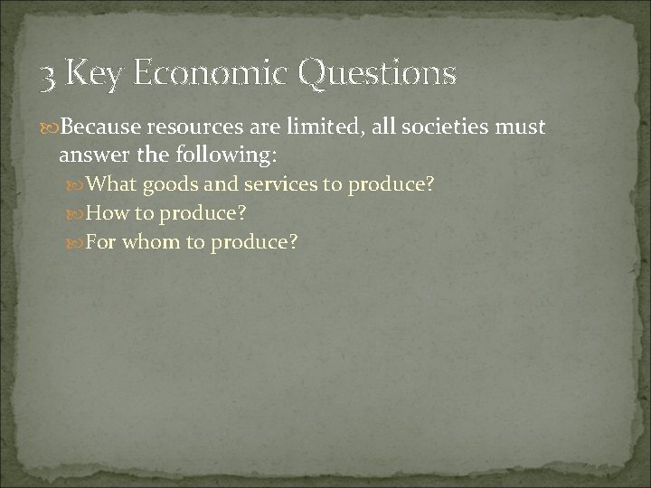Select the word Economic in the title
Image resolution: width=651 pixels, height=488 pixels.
(210, 73)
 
